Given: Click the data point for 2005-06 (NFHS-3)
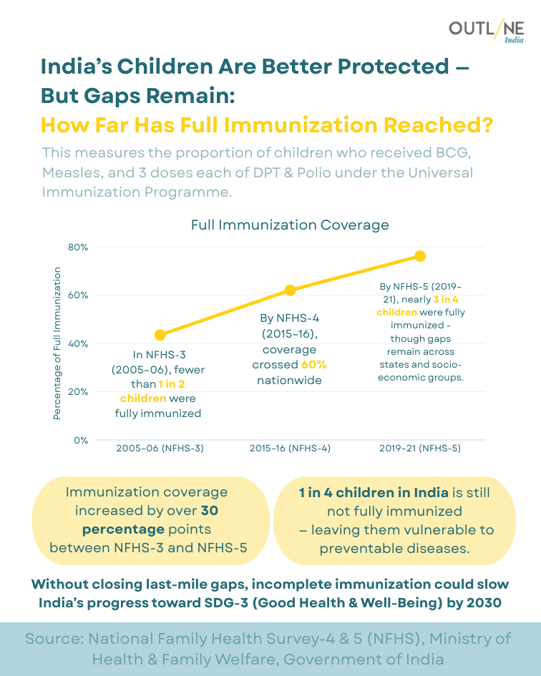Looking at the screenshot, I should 160,335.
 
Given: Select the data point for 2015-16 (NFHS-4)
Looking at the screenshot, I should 290,290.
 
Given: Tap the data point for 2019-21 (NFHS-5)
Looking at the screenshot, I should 420,256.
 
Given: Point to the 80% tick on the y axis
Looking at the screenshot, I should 78,248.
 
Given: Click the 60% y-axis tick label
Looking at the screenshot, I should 78,295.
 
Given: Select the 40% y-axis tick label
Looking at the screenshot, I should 78,344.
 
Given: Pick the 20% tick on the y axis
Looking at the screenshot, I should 78,392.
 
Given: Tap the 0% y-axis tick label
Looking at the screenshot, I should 81,441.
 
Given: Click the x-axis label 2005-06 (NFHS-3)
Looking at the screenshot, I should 160,449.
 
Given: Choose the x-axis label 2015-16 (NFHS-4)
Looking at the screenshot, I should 290,449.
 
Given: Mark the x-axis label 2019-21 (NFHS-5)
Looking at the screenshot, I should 420,449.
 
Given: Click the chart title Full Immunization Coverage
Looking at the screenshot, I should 290,225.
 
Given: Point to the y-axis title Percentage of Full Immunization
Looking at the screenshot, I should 58,343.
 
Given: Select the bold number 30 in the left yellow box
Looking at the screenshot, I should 210,511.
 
